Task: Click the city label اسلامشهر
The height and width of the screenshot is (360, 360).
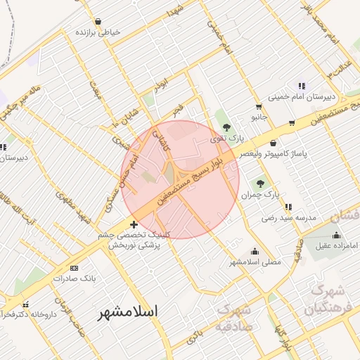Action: pos(128,311)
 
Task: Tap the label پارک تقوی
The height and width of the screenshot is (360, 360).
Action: pos(225,139)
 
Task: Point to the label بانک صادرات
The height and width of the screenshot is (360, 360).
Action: pos(74,278)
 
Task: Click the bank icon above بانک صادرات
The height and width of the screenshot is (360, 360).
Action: pos(75,269)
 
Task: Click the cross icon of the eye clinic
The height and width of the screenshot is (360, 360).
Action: pos(134,225)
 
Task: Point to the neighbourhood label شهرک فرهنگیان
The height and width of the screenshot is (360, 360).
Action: pos(324,300)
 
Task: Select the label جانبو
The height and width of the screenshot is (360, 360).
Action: pos(260,117)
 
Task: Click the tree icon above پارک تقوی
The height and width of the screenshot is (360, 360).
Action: pos(226,127)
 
